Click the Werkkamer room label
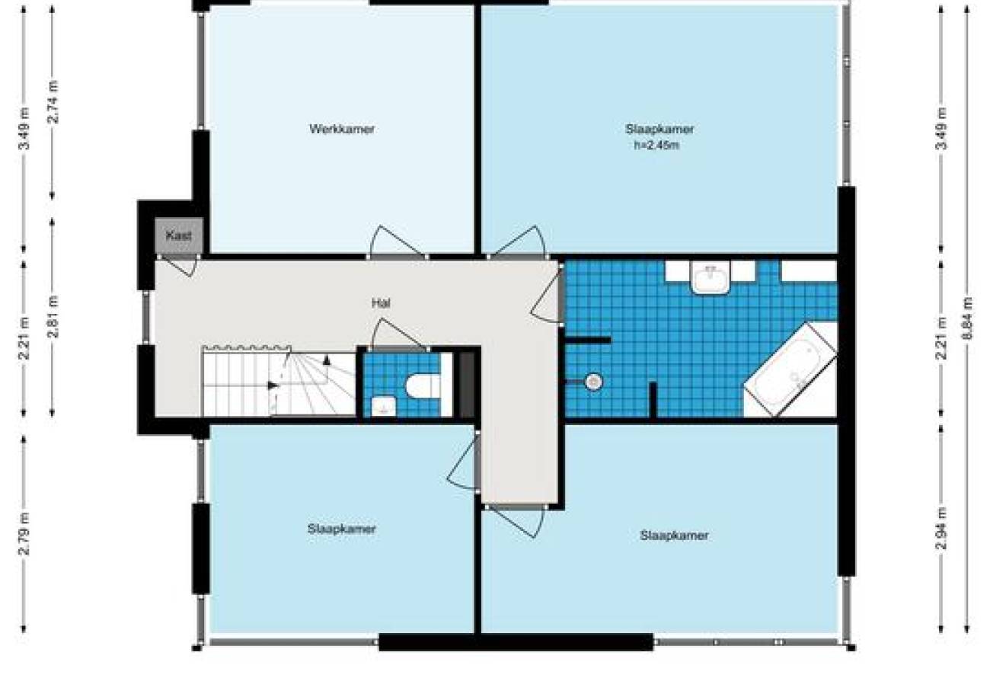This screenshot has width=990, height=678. tap(342, 129)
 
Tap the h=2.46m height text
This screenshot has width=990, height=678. tap(656, 145)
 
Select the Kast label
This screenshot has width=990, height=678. tap(178, 235)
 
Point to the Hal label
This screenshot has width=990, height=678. tap(381, 303)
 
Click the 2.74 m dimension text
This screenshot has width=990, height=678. tap(53, 101)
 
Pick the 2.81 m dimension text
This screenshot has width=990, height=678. tap(53, 317)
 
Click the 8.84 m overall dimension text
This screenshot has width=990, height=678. tap(967, 318)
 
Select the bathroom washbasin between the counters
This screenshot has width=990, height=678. tap(711, 277)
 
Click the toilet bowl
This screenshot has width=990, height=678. tap(423, 385)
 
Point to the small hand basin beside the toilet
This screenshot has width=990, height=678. tap(384, 406)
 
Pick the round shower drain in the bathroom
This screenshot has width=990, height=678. tap(594, 382)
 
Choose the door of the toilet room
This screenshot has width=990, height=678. tap(398, 334)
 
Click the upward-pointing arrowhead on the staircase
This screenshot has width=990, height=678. tap(327, 360)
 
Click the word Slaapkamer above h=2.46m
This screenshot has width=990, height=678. tap(659, 129)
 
